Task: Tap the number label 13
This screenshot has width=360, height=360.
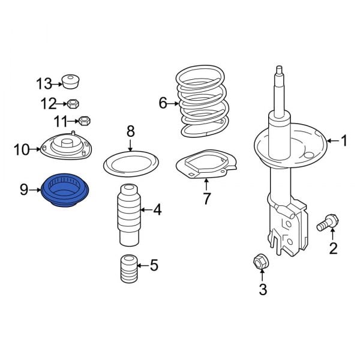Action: tap(44, 83)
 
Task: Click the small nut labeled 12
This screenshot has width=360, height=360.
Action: tap(73, 103)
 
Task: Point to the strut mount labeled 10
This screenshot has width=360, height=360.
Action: tap(64, 146)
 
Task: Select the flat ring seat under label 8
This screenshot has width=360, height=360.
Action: tap(131, 163)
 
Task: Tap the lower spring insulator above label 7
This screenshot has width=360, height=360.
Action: tap(206, 166)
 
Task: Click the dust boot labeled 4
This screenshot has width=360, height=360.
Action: tap(128, 215)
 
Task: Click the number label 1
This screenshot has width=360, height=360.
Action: tap(344, 142)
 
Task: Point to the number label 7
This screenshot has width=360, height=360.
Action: tap(206, 199)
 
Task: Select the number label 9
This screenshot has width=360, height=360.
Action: tap(24, 190)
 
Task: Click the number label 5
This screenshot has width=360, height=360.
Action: tap(154, 265)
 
